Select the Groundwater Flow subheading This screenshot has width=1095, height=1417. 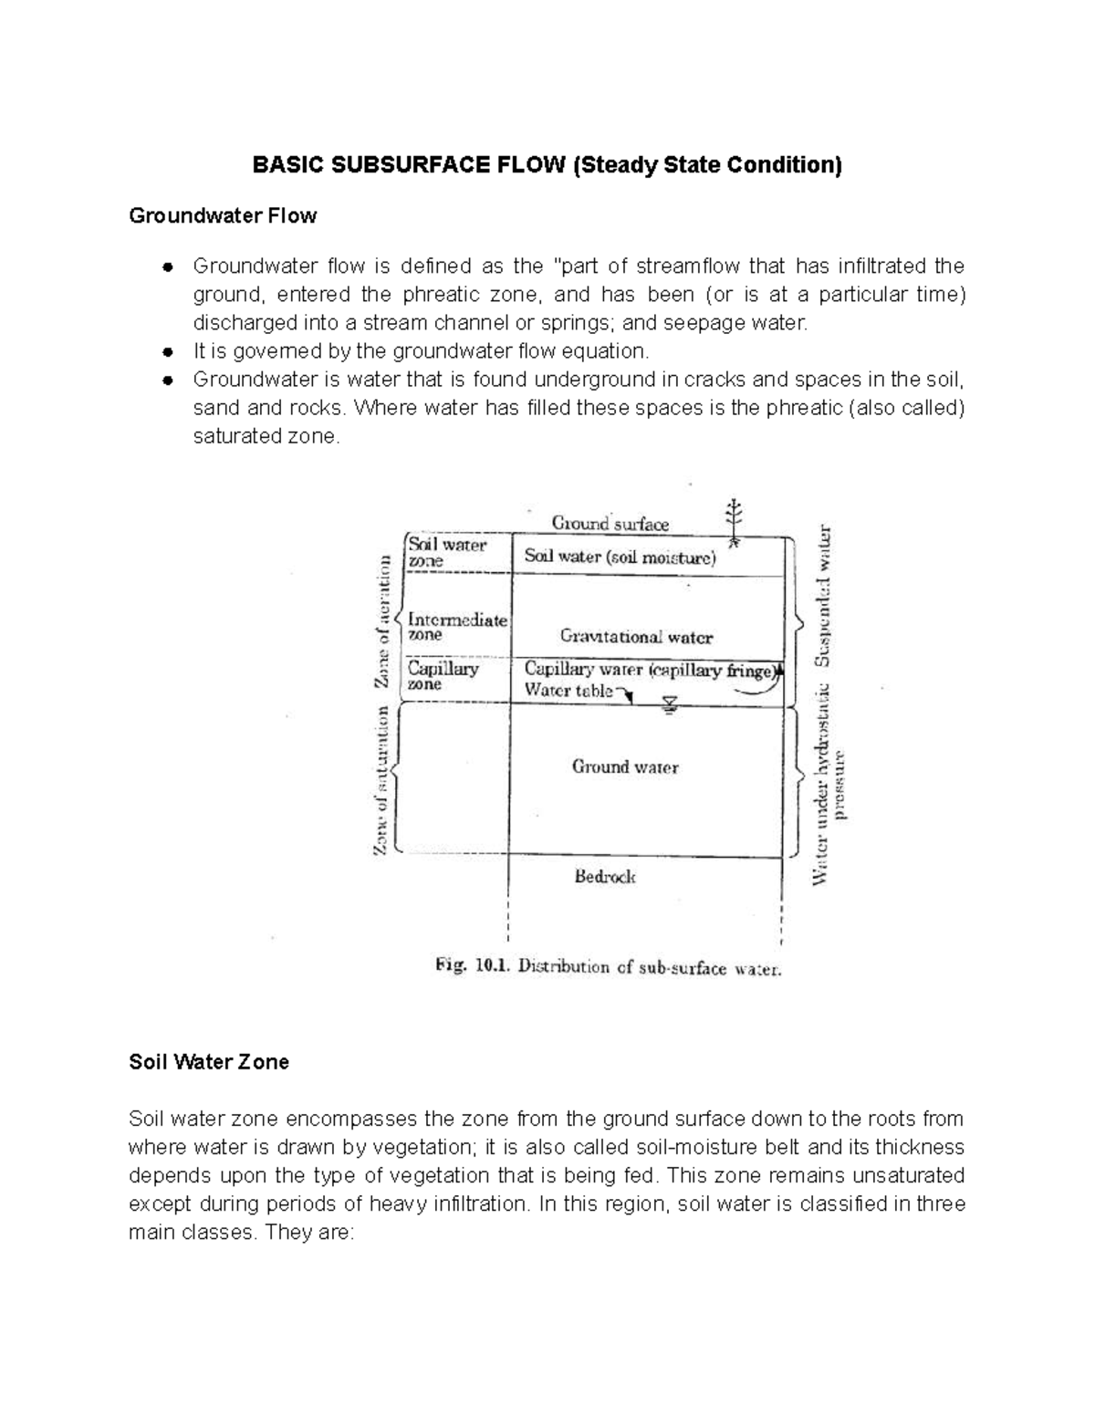(x=223, y=216)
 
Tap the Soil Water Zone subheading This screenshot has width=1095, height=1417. (x=209, y=1062)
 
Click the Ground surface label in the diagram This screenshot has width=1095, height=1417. (x=610, y=524)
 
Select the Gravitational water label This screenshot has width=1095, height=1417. (x=636, y=637)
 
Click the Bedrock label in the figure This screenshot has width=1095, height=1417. (x=605, y=877)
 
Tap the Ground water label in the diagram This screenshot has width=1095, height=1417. (x=625, y=766)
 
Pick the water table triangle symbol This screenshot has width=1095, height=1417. (x=670, y=703)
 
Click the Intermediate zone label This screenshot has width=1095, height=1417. (x=456, y=627)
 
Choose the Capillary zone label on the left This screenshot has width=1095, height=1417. (x=443, y=675)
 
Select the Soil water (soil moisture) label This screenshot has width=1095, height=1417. (x=620, y=557)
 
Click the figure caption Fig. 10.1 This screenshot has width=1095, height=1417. (x=607, y=968)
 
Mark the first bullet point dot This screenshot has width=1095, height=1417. (x=166, y=267)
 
